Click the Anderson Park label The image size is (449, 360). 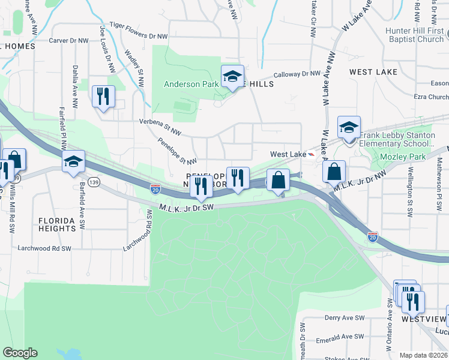(191, 85)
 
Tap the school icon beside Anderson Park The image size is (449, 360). (232, 76)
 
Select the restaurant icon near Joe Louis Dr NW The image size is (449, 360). (103, 96)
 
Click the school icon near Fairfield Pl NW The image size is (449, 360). (74, 161)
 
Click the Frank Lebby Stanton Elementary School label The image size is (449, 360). (397, 140)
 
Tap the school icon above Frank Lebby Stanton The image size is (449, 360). (349, 127)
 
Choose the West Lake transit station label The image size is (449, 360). (288, 154)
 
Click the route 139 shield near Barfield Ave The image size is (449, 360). (93, 181)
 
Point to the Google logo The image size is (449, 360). (20, 353)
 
